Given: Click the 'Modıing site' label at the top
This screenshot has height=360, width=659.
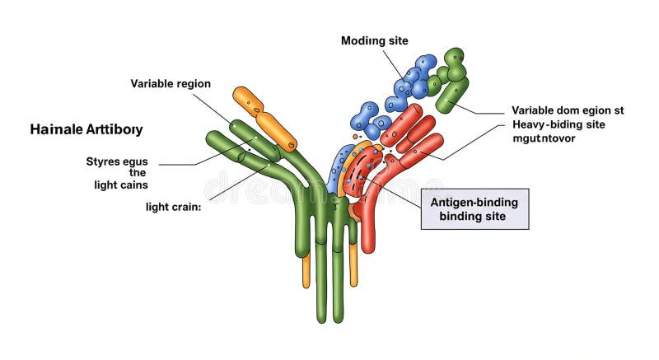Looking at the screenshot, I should pyautogui.click(x=374, y=40).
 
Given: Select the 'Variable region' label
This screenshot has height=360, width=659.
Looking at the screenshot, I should pyautogui.click(x=171, y=83).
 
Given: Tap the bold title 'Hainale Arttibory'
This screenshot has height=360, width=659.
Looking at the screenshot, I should pyautogui.click(x=86, y=129).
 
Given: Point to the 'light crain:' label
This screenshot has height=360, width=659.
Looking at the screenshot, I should pyautogui.click(x=174, y=206).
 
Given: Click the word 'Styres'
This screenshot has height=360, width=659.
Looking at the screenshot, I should pyautogui.click(x=104, y=161).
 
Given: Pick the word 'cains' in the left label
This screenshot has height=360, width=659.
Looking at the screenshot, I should pyautogui.click(x=133, y=185).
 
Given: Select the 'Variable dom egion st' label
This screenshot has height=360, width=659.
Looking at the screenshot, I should pyautogui.click(x=568, y=110).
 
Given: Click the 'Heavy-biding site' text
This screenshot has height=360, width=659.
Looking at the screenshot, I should pyautogui.click(x=557, y=124).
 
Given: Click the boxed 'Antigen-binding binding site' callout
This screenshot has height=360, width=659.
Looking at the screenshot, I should pyautogui.click(x=474, y=208).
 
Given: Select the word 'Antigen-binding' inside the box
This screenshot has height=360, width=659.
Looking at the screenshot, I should pyautogui.click(x=474, y=201).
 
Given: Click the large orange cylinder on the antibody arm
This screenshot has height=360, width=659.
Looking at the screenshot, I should pyautogui.click(x=265, y=119).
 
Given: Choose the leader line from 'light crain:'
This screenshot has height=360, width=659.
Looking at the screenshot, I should pyautogui.click(x=239, y=182).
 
